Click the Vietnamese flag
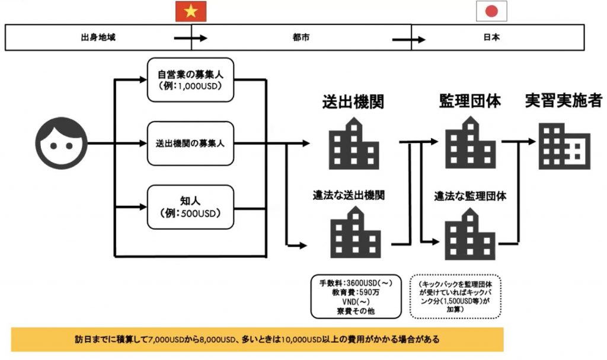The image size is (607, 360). [191, 11]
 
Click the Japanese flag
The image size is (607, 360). [491, 11]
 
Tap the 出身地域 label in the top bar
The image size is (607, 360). [98, 37]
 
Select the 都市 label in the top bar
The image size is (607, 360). [301, 37]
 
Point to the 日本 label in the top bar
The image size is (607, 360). [491, 37]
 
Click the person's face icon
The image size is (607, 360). [61, 143]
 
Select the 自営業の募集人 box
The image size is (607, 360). [190, 80]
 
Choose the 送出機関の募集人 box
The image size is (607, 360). [190, 144]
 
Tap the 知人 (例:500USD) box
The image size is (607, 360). [190, 207]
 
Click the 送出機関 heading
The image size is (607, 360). [353, 101]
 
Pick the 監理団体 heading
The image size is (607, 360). [470, 101]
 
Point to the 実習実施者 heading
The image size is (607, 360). [564, 100]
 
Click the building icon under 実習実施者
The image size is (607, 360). [564, 146]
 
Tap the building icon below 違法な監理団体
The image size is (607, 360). [470, 234]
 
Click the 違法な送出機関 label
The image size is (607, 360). [349, 195]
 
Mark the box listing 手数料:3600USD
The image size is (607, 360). [356, 297]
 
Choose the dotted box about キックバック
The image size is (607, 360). [455, 297]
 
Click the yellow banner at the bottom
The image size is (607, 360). [257, 339]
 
